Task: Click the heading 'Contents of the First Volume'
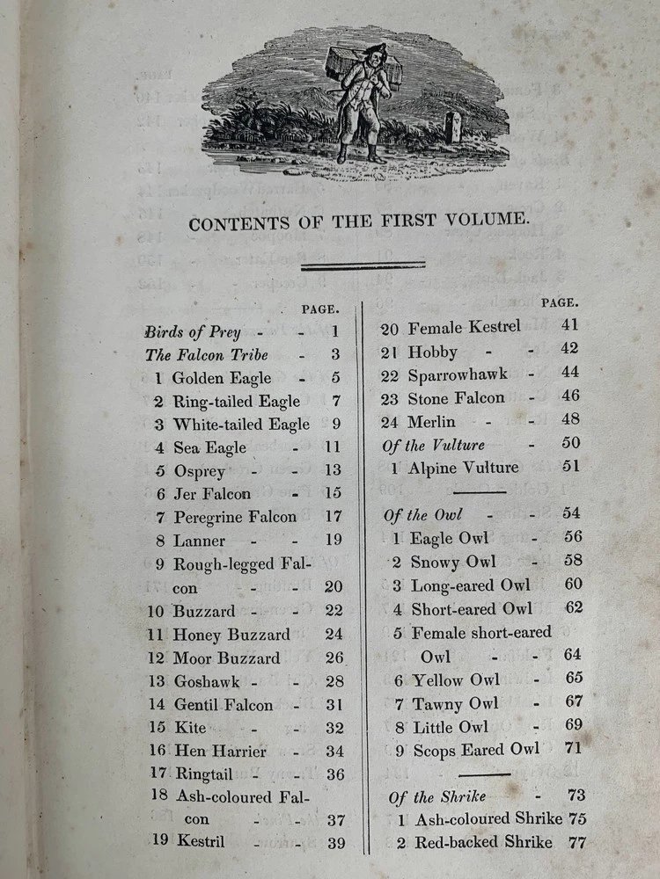pyautogui.click(x=358, y=222)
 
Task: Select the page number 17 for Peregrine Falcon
pyautogui.click(x=334, y=516)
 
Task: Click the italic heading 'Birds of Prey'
pyautogui.click(x=192, y=333)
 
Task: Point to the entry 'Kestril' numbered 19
pyautogui.click(x=198, y=842)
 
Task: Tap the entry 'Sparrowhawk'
pyautogui.click(x=458, y=374)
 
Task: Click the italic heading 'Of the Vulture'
pyautogui.click(x=433, y=445)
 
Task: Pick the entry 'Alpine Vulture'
pyautogui.click(x=463, y=468)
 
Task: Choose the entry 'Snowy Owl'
pyautogui.click(x=453, y=562)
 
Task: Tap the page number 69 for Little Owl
pyautogui.click(x=573, y=725)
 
